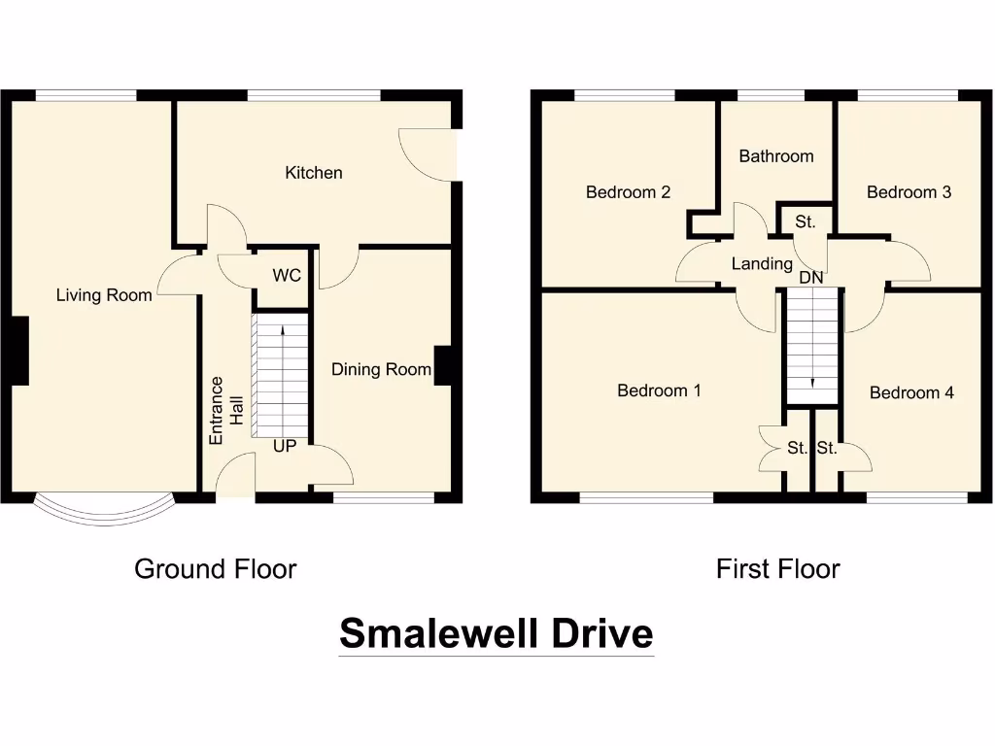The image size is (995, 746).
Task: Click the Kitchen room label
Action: tap(313, 173)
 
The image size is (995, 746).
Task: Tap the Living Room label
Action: tap(104, 295)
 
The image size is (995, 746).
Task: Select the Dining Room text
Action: tap(381, 369)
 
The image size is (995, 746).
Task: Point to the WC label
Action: tap(287, 276)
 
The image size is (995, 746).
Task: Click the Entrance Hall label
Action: tap(224, 411)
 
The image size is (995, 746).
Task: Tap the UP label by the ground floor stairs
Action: tap(284, 447)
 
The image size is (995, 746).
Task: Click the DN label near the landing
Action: tap(811, 278)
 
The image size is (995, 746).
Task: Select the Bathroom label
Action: tap(775, 156)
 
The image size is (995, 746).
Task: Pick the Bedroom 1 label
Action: tap(659, 390)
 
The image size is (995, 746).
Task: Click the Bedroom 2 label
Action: tap(628, 192)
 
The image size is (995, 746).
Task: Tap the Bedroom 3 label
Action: tap(909, 192)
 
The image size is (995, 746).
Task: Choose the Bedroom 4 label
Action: tap(911, 392)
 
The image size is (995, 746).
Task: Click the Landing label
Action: tap(762, 263)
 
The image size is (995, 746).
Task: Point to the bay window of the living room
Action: tap(104, 513)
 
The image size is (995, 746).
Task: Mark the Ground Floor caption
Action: tap(215, 569)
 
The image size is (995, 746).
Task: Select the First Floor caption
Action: tap(777, 569)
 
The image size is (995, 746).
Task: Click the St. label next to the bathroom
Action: tap(805, 222)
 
